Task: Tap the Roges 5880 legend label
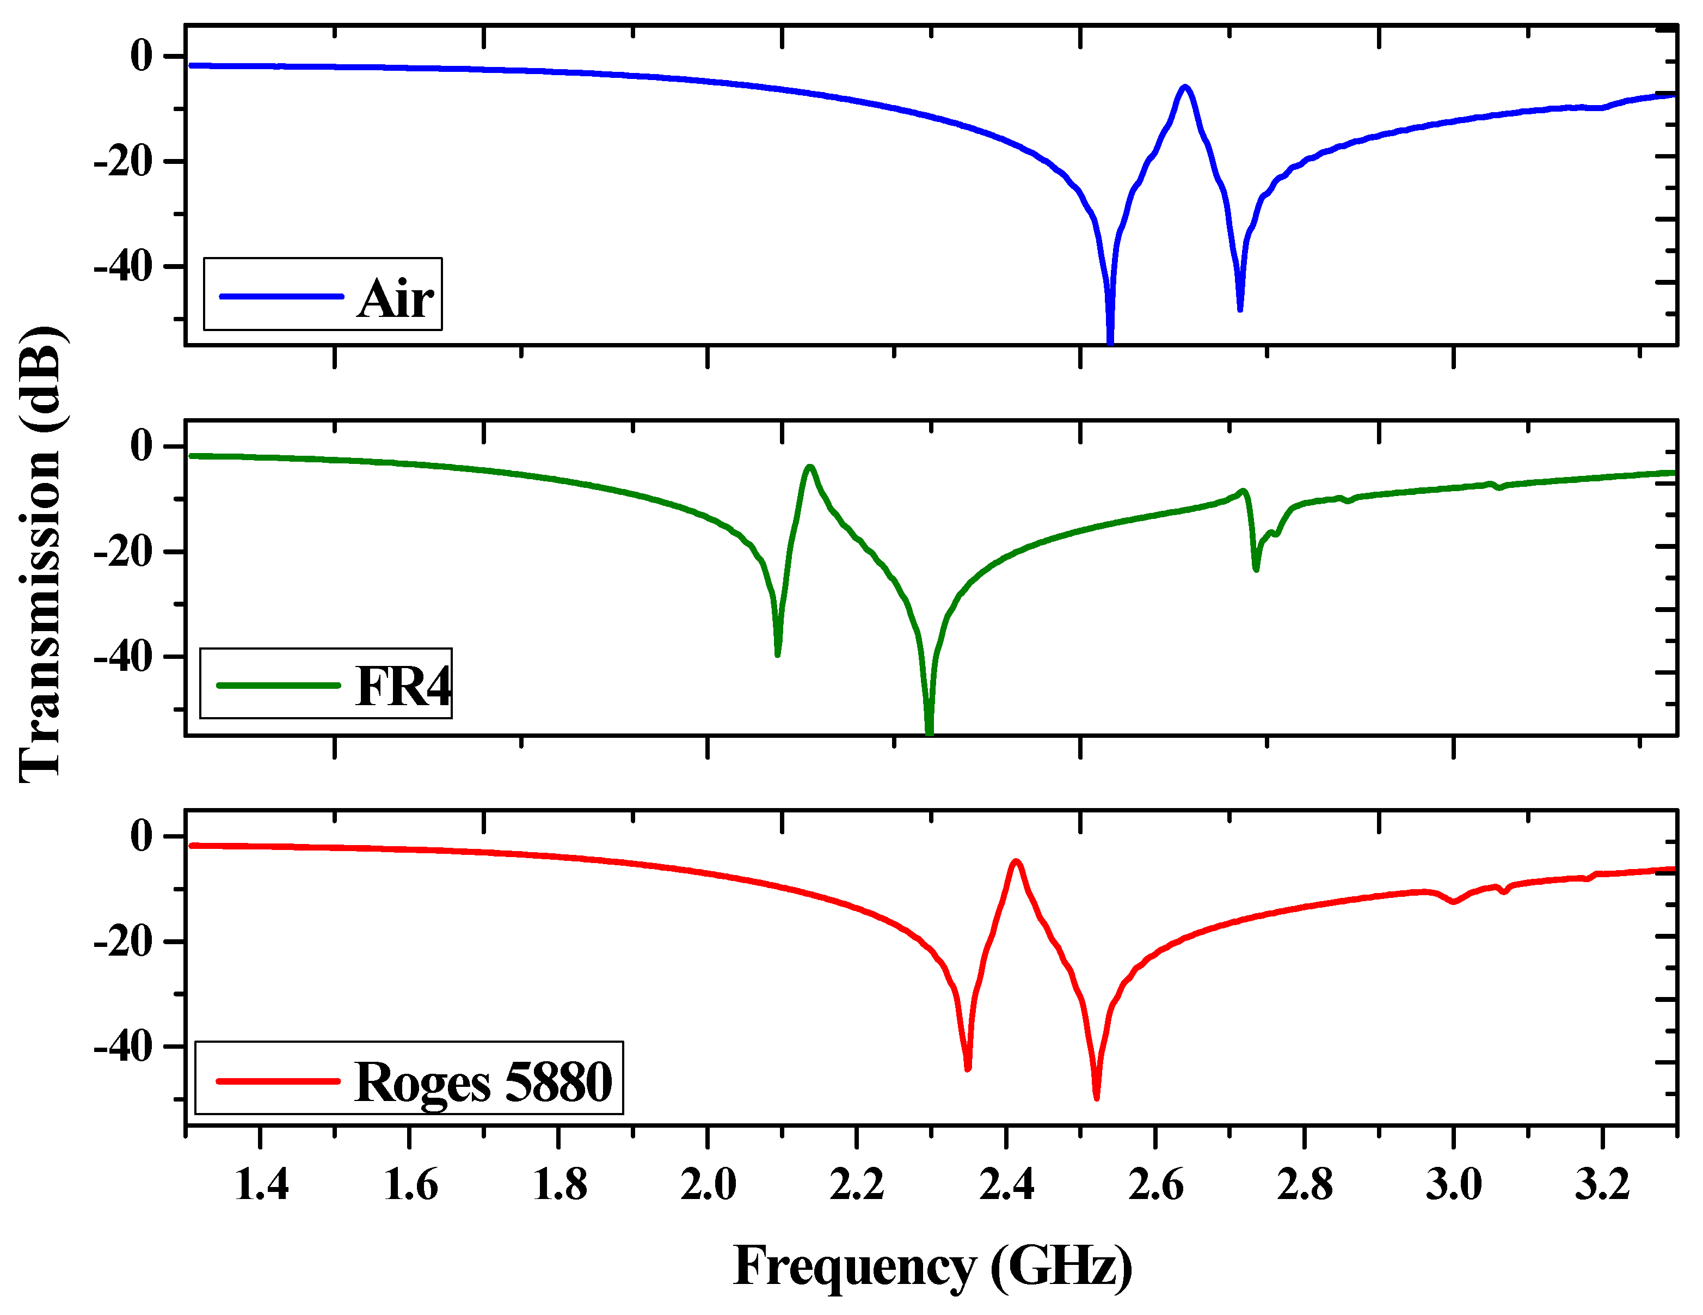tap(483, 1082)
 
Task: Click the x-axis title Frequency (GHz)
tap(933, 1264)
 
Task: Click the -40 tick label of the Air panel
tap(122, 267)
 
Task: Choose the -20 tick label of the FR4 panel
tap(122, 552)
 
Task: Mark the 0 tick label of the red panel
tap(141, 836)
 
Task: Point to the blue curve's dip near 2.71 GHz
tap(1240, 309)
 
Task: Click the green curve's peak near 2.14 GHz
tap(810, 467)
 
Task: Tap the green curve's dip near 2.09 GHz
tap(777, 653)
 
